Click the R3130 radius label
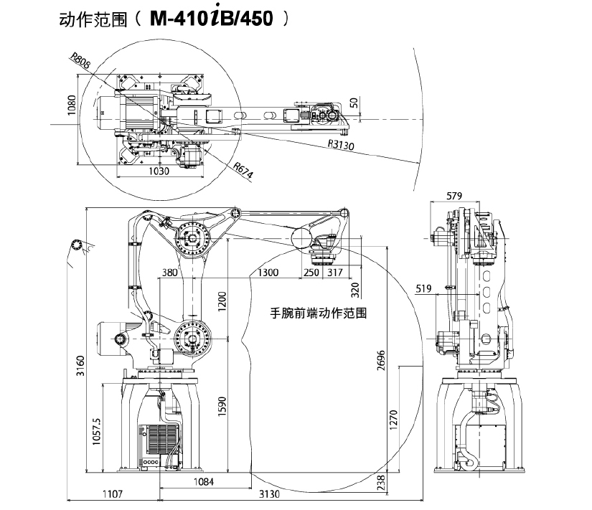[x=342, y=144]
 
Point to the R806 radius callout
[x=81, y=62]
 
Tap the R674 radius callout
[x=243, y=169]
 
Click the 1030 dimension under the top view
[x=159, y=171]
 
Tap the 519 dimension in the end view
[x=424, y=289]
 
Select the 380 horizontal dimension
[x=169, y=273]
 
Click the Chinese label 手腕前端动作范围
[x=319, y=313]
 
